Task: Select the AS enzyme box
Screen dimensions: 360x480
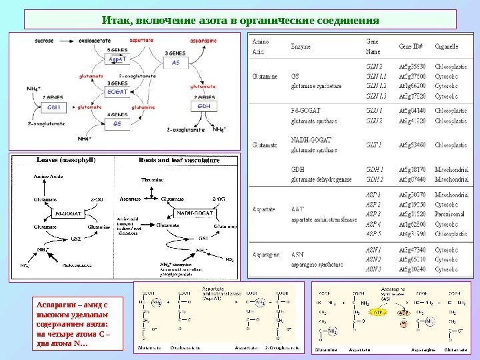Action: tap(176, 62)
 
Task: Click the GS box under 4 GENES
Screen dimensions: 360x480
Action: tap(117, 123)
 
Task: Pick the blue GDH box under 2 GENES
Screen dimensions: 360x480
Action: tap(205, 107)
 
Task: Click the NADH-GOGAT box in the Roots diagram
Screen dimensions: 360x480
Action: tap(194, 211)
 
